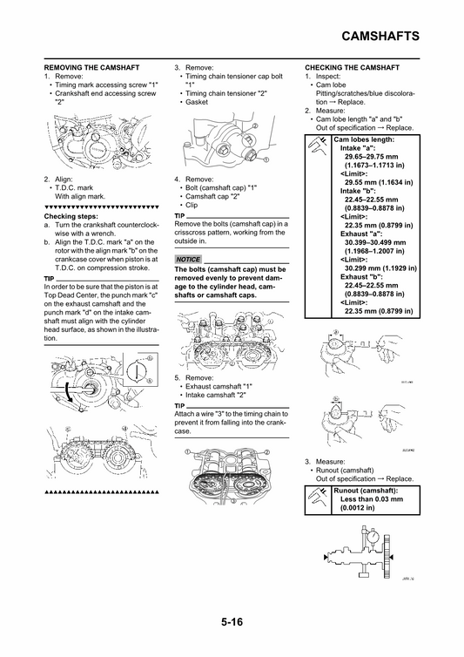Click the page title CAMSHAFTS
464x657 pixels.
pyautogui.click(x=376, y=36)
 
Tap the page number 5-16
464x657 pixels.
pyautogui.click(x=232, y=622)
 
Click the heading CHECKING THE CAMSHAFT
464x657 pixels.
pyautogui.click(x=352, y=67)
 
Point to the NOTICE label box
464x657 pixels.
pyautogui.click(x=188, y=260)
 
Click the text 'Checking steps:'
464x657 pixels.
pyautogui.click(x=71, y=215)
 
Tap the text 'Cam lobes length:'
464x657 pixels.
pyautogui.click(x=364, y=139)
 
